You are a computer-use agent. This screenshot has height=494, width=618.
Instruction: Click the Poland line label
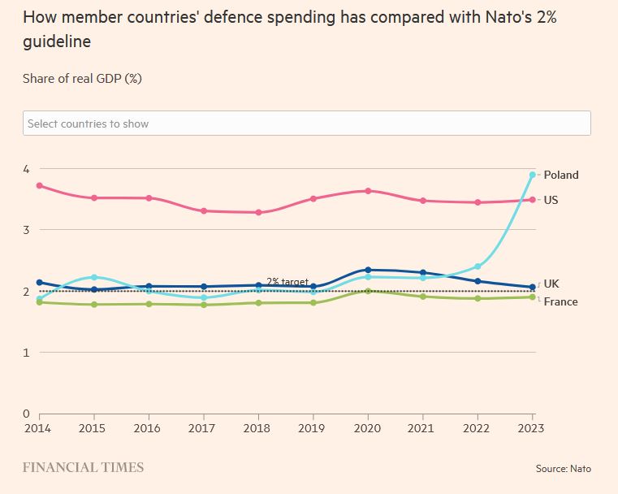561,175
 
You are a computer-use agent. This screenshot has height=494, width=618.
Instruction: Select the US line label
551,200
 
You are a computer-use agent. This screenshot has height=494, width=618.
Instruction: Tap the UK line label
551,284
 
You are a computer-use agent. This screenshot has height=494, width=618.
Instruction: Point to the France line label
560,301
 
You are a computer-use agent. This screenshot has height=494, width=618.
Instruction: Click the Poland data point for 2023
533,175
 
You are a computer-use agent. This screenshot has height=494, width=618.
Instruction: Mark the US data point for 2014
39,185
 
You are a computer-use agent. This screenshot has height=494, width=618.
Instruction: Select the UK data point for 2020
368,270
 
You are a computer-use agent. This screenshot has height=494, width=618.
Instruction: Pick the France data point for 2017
204,305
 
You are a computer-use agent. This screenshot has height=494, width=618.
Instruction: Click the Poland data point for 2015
94,277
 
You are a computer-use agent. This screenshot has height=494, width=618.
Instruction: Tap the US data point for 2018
258,213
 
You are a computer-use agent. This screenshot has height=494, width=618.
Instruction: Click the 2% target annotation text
287,282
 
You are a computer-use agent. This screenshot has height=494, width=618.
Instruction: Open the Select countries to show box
306,123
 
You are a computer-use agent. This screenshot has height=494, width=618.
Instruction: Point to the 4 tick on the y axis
26,169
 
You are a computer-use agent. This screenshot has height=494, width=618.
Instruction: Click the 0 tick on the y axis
26,414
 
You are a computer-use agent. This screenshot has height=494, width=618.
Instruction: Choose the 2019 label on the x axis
313,427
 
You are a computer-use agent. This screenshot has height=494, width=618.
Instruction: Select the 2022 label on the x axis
478,427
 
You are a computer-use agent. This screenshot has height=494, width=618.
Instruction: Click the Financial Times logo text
83,467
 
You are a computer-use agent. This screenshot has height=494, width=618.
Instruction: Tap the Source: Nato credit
563,469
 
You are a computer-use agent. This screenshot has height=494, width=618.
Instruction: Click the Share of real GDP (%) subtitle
83,78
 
